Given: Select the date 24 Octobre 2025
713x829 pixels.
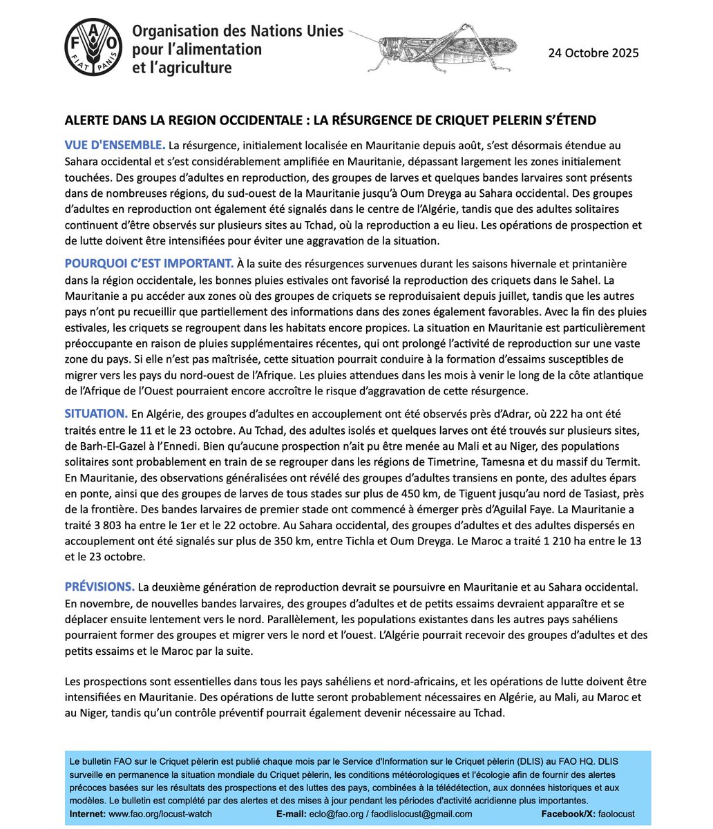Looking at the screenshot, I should pos(593,53).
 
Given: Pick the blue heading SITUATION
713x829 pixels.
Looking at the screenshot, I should pos(96,414).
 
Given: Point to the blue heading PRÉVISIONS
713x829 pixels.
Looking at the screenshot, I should pos(99,587).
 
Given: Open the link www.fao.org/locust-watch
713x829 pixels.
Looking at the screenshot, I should pos(160,814).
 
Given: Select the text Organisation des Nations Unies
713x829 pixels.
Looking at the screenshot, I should pos(237,32).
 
